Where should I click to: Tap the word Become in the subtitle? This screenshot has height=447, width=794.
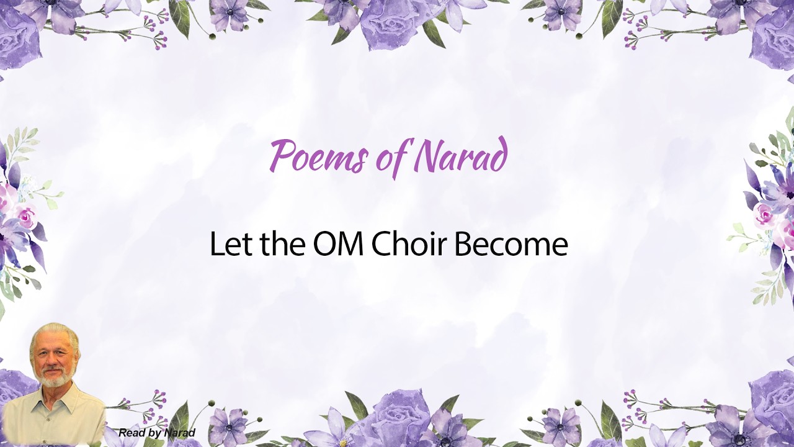511,244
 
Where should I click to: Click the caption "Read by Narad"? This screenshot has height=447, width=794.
157,433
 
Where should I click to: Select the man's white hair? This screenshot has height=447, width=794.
53,335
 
